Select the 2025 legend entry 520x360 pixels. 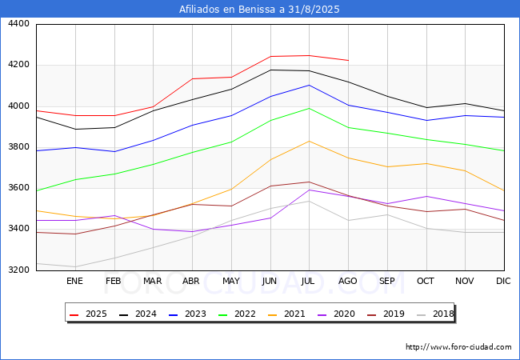[88, 314]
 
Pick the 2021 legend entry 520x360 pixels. [286, 314]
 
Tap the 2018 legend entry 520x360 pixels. [435, 314]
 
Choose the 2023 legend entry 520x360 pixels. [187, 314]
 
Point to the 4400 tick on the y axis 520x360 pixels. [18, 24]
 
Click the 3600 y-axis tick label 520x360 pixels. [18, 188]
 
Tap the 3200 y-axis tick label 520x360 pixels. [18, 270]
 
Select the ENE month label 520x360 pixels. [74, 281]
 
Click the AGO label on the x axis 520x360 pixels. [347, 281]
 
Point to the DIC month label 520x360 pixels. [503, 281]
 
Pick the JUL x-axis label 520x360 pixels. [308, 281]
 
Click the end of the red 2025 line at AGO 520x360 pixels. [348, 60]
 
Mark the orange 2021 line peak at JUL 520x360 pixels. [310, 142]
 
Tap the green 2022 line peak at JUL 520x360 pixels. [310, 108]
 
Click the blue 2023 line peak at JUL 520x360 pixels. [310, 85]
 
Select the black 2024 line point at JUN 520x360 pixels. [271, 70]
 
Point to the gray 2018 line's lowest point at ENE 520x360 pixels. [76, 267]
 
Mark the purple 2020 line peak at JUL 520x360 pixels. [310, 190]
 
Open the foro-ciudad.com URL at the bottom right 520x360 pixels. [458, 347]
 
